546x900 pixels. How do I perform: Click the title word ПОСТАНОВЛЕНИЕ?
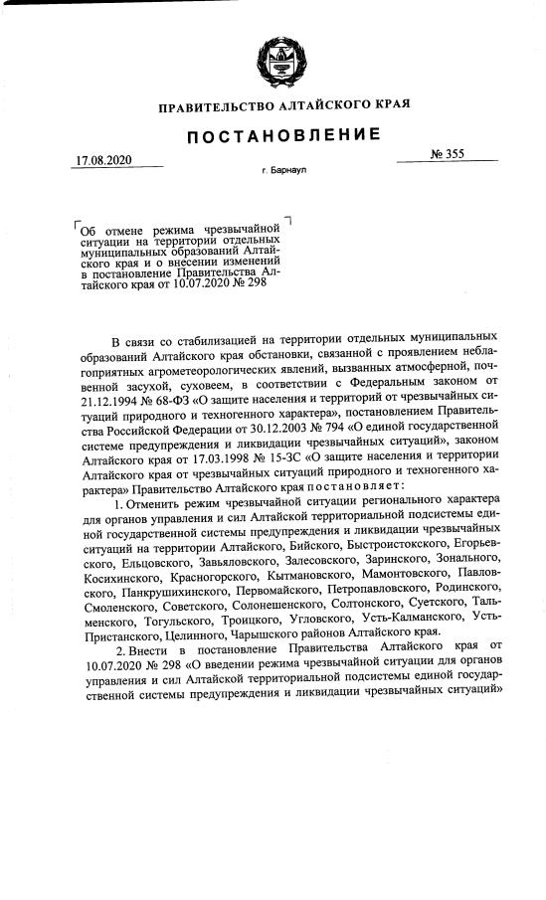click(x=273, y=134)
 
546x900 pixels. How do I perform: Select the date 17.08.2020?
click(x=104, y=160)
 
